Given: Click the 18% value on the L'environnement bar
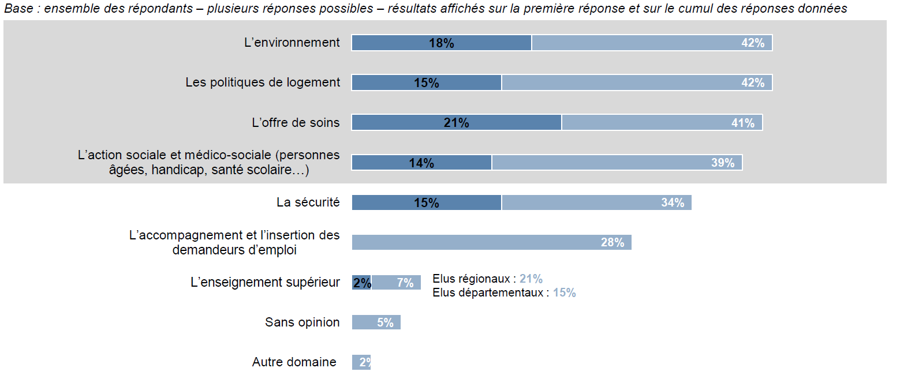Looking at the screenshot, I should tap(441, 43).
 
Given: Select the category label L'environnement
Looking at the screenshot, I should tap(292, 43).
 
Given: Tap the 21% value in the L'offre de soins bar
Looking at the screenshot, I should tap(456, 123).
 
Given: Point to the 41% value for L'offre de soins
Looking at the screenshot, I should tap(742, 123).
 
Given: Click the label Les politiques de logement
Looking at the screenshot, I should tap(263, 82).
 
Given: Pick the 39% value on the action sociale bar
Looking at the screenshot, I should tap(723, 163).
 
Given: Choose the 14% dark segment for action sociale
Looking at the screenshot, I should tap(421, 163).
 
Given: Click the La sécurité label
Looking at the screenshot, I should tap(308, 202).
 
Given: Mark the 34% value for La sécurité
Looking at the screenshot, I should tap(673, 203).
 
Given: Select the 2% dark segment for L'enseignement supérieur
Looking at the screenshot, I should tap(362, 283).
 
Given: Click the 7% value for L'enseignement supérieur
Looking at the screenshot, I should tap(405, 283).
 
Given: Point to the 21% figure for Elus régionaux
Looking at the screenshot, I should tap(531, 279).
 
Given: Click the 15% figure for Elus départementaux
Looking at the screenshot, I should tap(564, 293).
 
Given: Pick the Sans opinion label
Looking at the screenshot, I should tap(303, 322).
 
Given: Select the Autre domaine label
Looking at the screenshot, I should tap(294, 362).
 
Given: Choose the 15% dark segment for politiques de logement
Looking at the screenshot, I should tap(426, 83).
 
